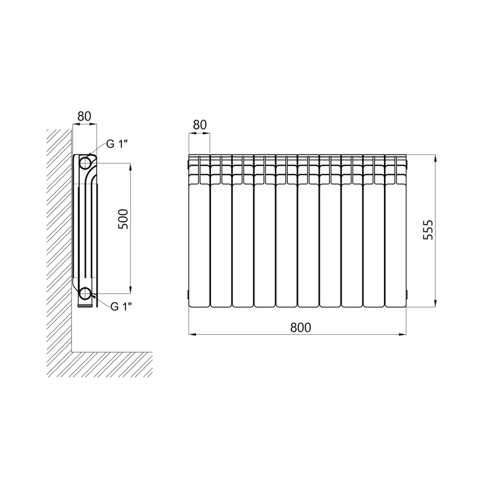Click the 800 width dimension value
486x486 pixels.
click(x=300, y=327)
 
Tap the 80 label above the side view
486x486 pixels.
click(x=85, y=116)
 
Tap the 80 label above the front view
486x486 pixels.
click(x=199, y=124)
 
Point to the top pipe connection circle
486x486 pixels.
click(x=86, y=162)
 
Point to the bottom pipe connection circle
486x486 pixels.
click(x=86, y=293)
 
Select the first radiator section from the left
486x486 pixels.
click(x=199, y=243)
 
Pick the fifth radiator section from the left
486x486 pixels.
click(x=286, y=243)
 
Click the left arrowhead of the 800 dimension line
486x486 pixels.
click(x=192, y=334)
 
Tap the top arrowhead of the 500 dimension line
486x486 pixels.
click(x=130, y=167)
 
